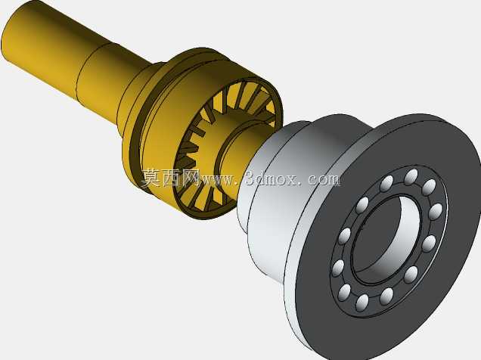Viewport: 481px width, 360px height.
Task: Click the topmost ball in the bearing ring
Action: tap(411, 177)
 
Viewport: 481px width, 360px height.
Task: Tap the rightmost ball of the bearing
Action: tap(435, 211)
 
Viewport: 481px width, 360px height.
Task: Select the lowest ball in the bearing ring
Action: tap(362, 303)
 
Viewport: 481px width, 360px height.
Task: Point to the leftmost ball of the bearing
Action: tap(338, 268)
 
